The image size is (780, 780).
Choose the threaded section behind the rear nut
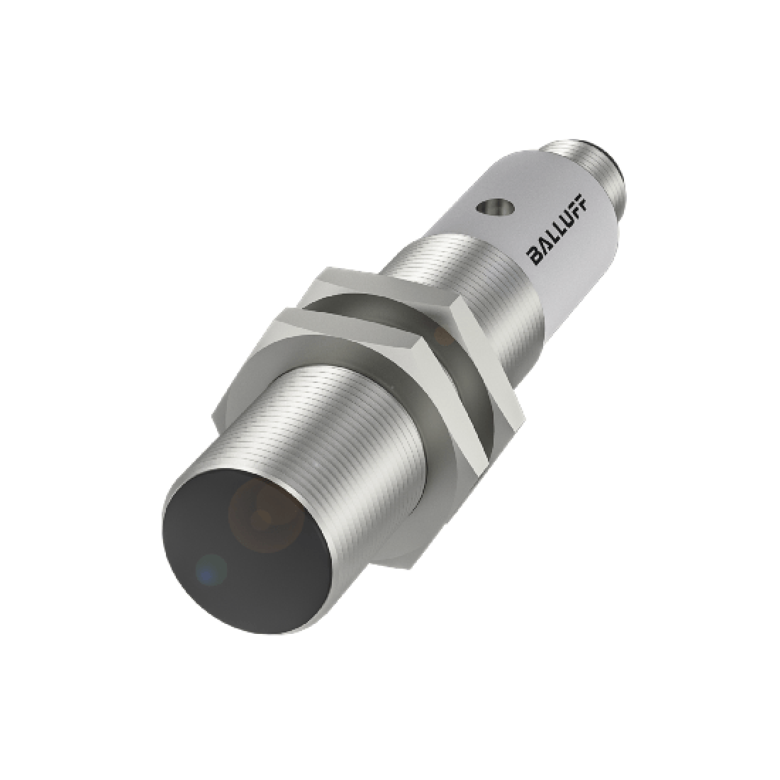(454, 269)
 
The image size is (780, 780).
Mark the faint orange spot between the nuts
(443, 333)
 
